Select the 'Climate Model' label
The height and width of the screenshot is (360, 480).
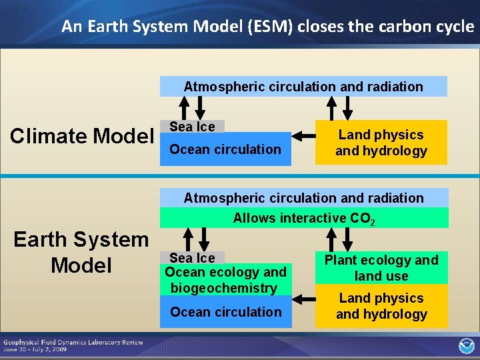(x=82, y=136)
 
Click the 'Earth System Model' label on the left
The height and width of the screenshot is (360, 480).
(x=81, y=252)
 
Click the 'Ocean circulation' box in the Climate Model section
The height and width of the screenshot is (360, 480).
(x=225, y=150)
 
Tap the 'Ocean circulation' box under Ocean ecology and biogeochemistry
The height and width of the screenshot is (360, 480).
(x=225, y=312)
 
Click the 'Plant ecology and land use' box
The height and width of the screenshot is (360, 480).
(x=381, y=268)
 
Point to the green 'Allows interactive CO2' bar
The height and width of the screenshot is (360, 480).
(x=303, y=218)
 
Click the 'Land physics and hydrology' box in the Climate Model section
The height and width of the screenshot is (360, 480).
(x=381, y=143)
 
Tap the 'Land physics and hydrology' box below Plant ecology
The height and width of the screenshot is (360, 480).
(x=381, y=306)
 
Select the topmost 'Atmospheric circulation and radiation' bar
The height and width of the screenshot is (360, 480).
(x=303, y=87)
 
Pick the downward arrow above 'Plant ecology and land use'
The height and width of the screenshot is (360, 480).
(x=347, y=239)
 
